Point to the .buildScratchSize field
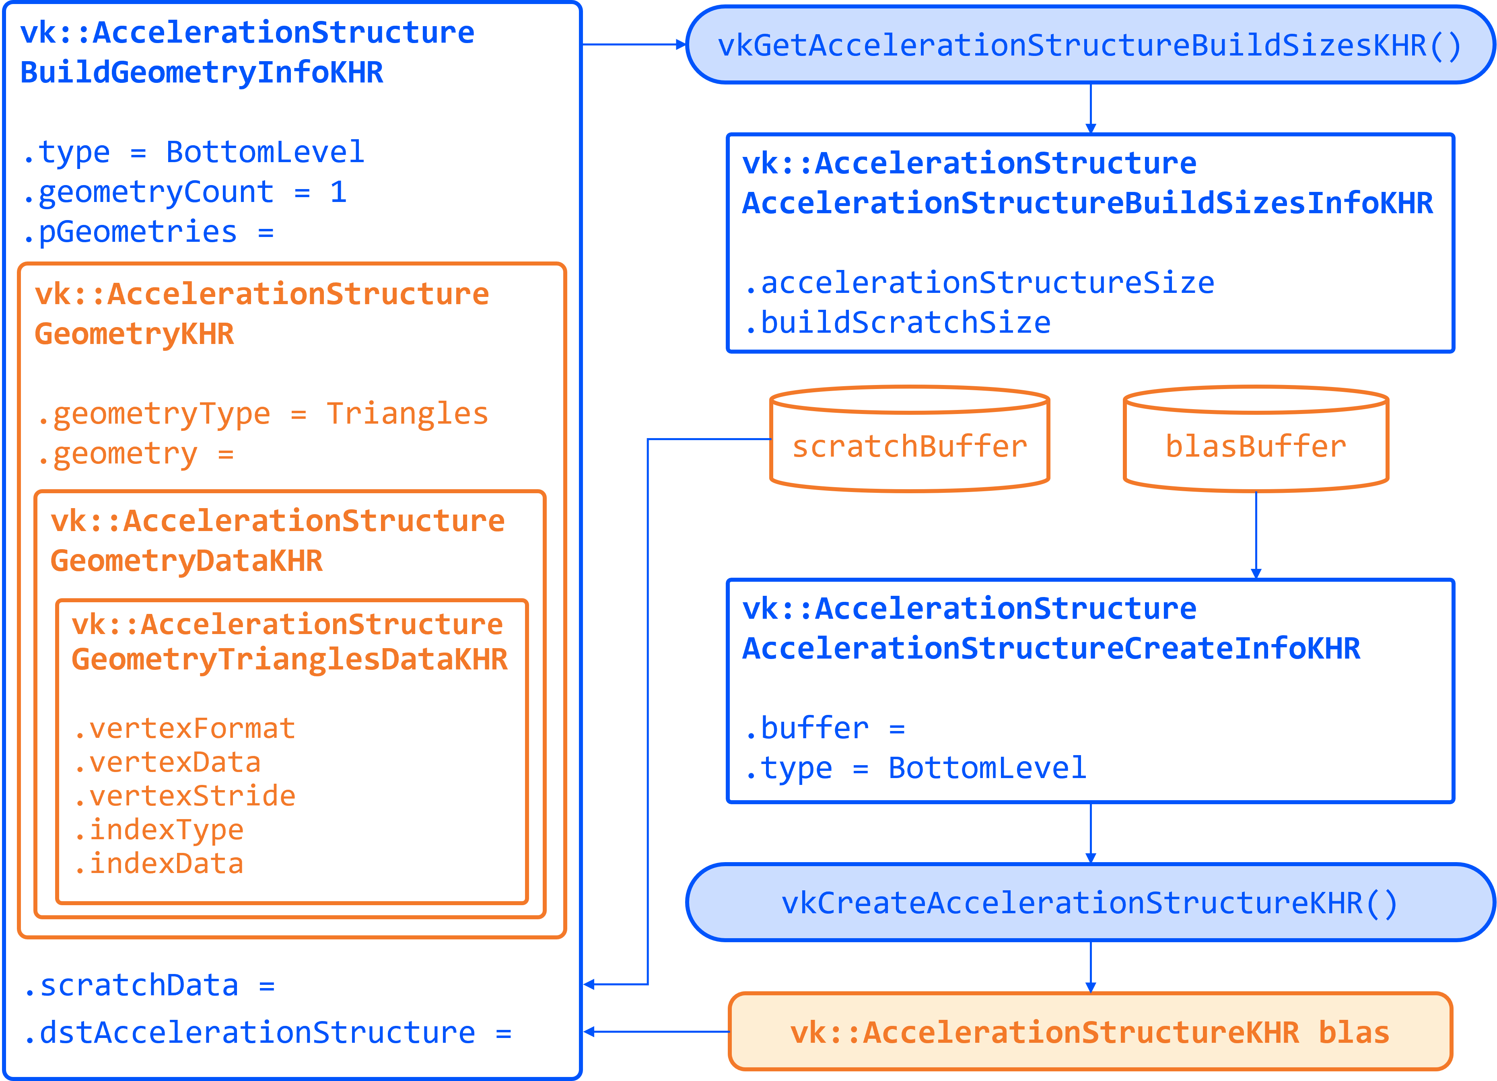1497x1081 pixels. pyautogui.click(x=898, y=323)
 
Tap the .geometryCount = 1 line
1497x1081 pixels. pyautogui.click(x=185, y=192)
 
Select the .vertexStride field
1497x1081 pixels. pyautogui.click(x=185, y=796)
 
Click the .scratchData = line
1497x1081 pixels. pyautogui.click(x=148, y=985)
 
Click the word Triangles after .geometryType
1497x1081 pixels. pyautogui.click(x=407, y=414)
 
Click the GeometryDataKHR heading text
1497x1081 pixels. pyautogui.click(x=186, y=561)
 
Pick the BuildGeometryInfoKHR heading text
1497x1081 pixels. pyautogui.click(x=201, y=72)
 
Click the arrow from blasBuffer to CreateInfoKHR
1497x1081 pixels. pyautogui.click(x=1256, y=535)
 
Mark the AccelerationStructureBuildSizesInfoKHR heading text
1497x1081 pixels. pyautogui.click(x=1087, y=203)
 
